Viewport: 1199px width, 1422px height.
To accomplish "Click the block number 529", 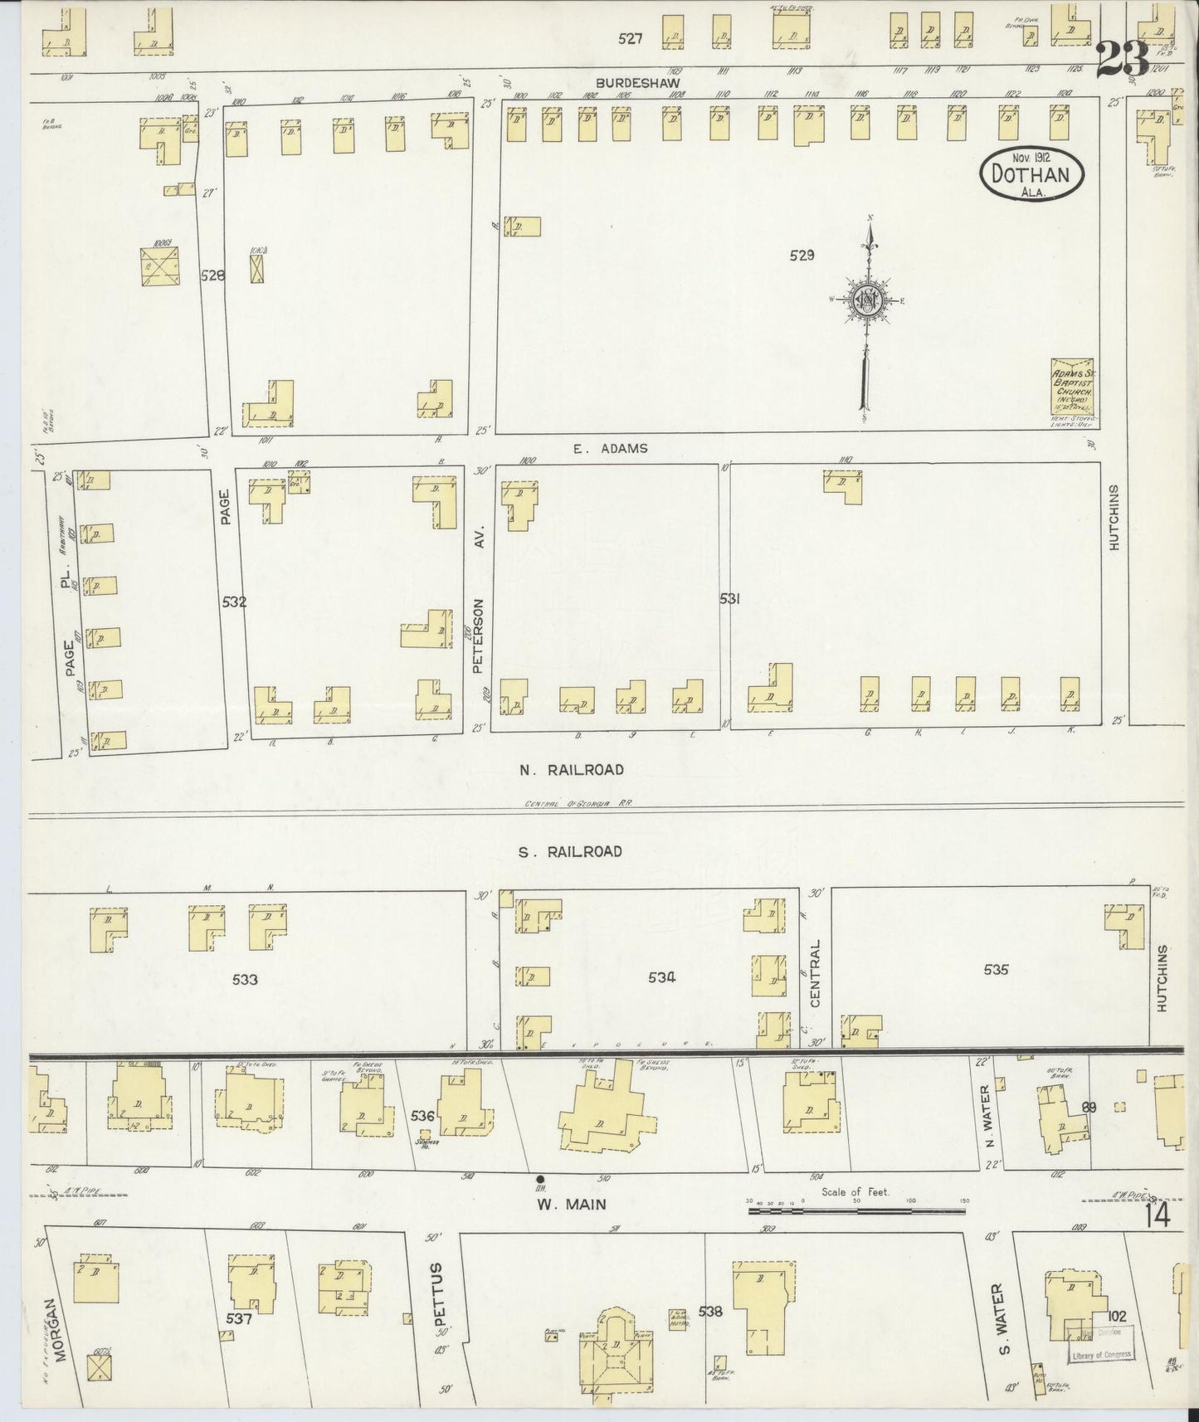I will [x=802, y=256].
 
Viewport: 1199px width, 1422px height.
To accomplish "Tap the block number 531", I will [x=729, y=598].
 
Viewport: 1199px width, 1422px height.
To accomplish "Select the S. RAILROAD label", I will [x=571, y=851].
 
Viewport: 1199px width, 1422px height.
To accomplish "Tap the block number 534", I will [x=661, y=977].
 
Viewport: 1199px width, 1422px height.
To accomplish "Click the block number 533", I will [x=245, y=979].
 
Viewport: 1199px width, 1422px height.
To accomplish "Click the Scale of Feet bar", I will [x=856, y=1210].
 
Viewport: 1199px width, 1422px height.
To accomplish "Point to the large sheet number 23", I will [x=1122, y=60].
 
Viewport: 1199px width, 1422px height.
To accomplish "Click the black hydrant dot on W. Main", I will [x=540, y=1179].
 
